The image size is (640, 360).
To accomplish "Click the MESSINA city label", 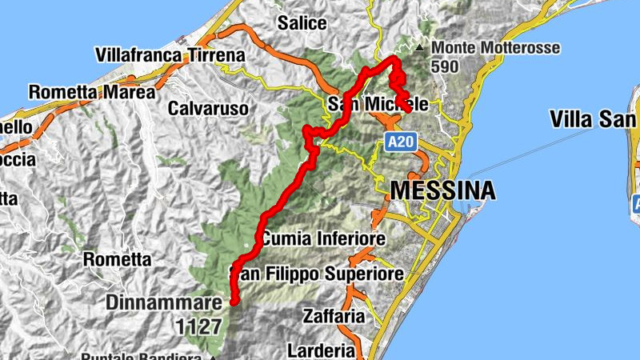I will click(442, 191).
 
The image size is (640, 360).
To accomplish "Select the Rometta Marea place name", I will click(92, 92).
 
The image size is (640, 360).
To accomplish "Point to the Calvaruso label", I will click(207, 107).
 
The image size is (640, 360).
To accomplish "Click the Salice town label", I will click(302, 22).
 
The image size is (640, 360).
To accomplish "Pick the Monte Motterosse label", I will click(495, 47).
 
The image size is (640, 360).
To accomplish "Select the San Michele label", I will click(383, 105).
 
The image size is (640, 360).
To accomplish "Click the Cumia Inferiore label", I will click(322, 238).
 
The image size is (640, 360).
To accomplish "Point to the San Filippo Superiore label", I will click(317, 274).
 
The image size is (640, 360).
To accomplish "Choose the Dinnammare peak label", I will click(162, 303).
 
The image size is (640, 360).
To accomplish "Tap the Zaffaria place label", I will click(334, 316).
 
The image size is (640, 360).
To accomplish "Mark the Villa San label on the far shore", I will click(594, 119).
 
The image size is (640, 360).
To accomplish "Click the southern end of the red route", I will click(234, 302).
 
